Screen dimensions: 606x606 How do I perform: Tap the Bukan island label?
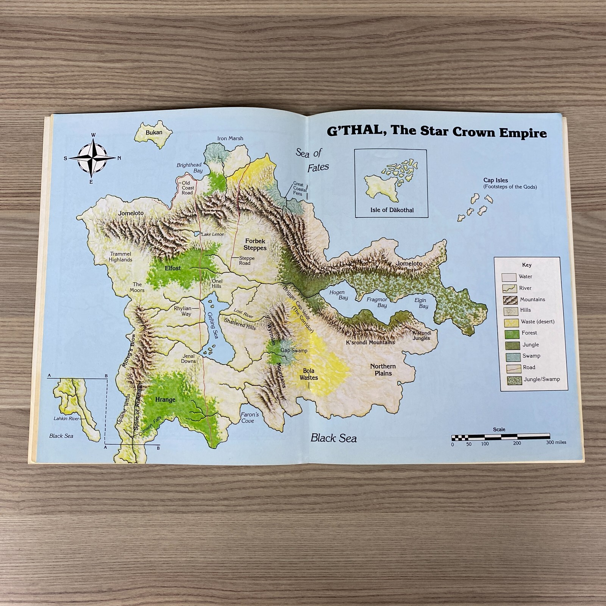click(x=154, y=133)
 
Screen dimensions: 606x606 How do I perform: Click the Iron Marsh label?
click(x=230, y=139)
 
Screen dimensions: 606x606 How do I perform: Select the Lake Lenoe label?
click(x=212, y=234)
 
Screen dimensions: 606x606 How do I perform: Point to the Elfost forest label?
click(x=173, y=268)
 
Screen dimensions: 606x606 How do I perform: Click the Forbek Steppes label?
click(x=255, y=244)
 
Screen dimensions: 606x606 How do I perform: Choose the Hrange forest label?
click(x=165, y=400)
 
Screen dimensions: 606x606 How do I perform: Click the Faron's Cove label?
click(x=250, y=417)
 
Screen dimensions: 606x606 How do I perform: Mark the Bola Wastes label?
click(x=309, y=374)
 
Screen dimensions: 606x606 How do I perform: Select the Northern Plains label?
click(x=383, y=370)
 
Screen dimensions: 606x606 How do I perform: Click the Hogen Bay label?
click(x=337, y=295)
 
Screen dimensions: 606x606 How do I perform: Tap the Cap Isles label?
click(x=495, y=181)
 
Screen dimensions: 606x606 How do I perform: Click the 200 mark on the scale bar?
click(x=517, y=443)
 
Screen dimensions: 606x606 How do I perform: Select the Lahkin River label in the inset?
click(x=66, y=419)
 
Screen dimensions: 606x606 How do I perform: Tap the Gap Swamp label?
click(x=294, y=350)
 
